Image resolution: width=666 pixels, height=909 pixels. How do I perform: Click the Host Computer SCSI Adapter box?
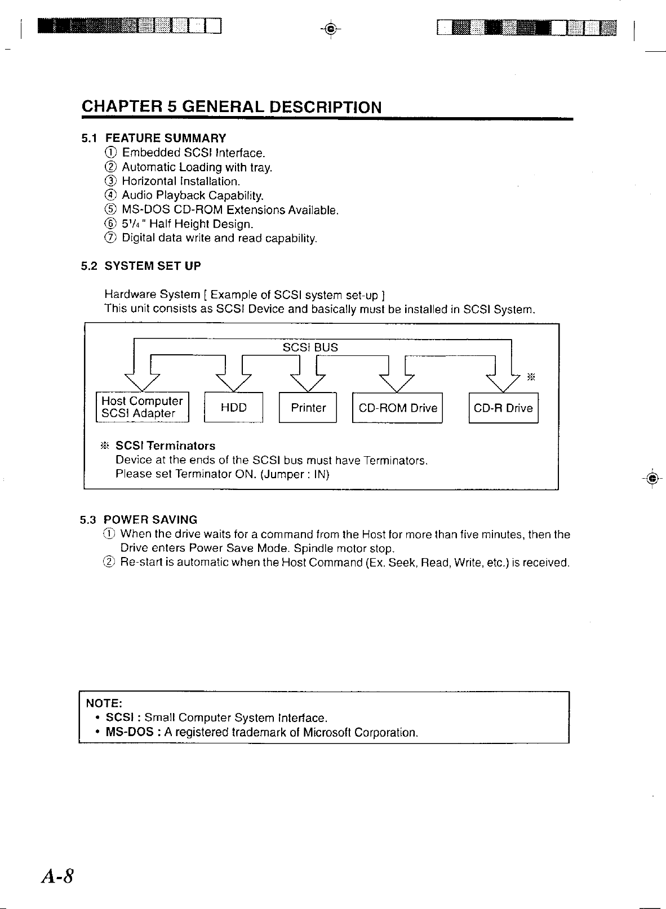tap(143, 407)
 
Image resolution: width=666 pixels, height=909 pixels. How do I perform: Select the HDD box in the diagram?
tap(233, 407)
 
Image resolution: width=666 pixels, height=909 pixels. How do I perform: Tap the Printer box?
tap(308, 407)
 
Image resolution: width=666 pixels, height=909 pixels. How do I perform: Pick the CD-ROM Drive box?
tap(397, 407)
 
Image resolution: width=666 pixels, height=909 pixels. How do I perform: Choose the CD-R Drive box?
tap(503, 407)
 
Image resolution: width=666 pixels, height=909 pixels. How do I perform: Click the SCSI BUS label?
tap(310, 347)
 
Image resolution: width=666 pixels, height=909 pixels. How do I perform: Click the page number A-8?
tap(57, 877)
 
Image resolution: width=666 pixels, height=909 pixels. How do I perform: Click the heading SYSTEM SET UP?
tap(153, 265)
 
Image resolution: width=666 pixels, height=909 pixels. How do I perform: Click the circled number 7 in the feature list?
tap(111, 238)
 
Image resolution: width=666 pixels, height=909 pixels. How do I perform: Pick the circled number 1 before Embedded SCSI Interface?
tap(111, 153)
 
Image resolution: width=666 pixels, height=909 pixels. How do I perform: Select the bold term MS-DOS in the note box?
tap(130, 733)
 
